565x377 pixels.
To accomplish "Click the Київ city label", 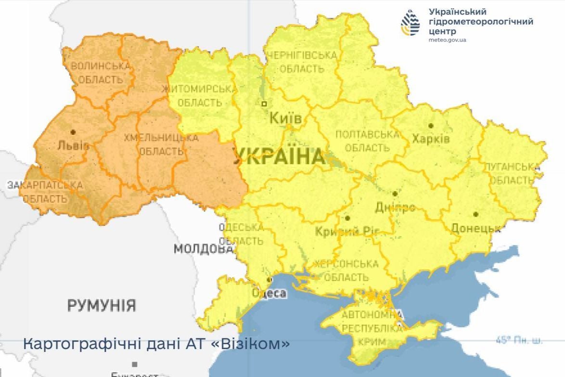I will pos(286,118).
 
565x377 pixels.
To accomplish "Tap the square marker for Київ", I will pos(264,104).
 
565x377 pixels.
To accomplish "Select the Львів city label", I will pos(73,145).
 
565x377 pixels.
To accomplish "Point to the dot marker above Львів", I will pos(73,131).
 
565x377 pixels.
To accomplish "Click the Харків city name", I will pos(431,139).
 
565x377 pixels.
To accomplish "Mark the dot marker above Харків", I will pos(431,126).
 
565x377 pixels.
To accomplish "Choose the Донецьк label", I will pos(475,229).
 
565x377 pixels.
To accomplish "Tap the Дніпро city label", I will pos(395,208).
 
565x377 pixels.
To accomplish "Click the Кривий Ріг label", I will pos(344,232).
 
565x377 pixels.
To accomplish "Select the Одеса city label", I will pos(269,293).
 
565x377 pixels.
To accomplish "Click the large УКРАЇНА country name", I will pos(279,157).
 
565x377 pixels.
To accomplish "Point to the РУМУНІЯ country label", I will pos(102,306).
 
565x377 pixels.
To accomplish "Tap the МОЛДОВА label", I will pos(204,249).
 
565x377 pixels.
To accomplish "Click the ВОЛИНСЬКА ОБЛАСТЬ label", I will pos(101,72).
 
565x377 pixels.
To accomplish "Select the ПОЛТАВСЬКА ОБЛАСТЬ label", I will pos(367,141).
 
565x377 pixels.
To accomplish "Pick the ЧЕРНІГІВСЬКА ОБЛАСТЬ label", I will pos(302,62).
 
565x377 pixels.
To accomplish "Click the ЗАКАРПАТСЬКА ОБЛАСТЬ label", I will pos(44,191).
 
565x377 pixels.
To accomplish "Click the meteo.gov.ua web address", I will pos(447,40).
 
